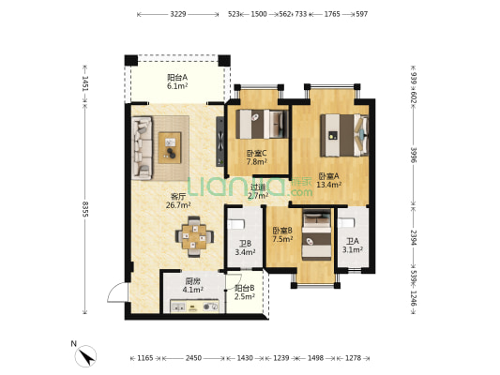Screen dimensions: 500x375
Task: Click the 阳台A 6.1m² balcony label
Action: point(177,82)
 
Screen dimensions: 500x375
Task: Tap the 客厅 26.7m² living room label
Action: point(178,201)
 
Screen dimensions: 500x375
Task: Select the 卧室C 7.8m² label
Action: point(257,157)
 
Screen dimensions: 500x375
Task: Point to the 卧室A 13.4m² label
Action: point(329,180)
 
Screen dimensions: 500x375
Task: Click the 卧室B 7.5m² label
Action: point(282,234)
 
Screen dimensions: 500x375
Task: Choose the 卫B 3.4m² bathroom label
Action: point(245,248)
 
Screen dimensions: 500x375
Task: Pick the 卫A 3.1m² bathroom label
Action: point(353,246)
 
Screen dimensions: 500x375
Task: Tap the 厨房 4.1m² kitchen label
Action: point(193,286)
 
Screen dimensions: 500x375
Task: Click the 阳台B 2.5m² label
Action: point(245,292)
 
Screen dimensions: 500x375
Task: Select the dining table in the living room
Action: point(194,237)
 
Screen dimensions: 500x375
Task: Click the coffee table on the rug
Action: point(170,147)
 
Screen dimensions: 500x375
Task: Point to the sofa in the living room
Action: point(142,148)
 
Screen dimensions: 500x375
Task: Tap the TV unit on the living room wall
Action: point(220,142)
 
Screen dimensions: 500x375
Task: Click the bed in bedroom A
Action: point(344,135)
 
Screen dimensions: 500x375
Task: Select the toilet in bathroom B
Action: point(236,224)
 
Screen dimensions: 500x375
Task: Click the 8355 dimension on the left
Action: point(84,209)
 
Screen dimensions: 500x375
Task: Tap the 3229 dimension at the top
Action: point(178,14)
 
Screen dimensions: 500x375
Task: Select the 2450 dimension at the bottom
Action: point(193,358)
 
